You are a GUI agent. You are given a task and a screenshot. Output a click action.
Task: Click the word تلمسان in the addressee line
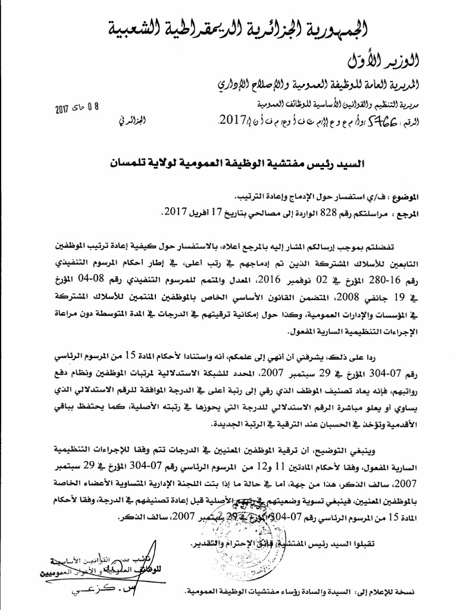[x=125, y=161]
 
